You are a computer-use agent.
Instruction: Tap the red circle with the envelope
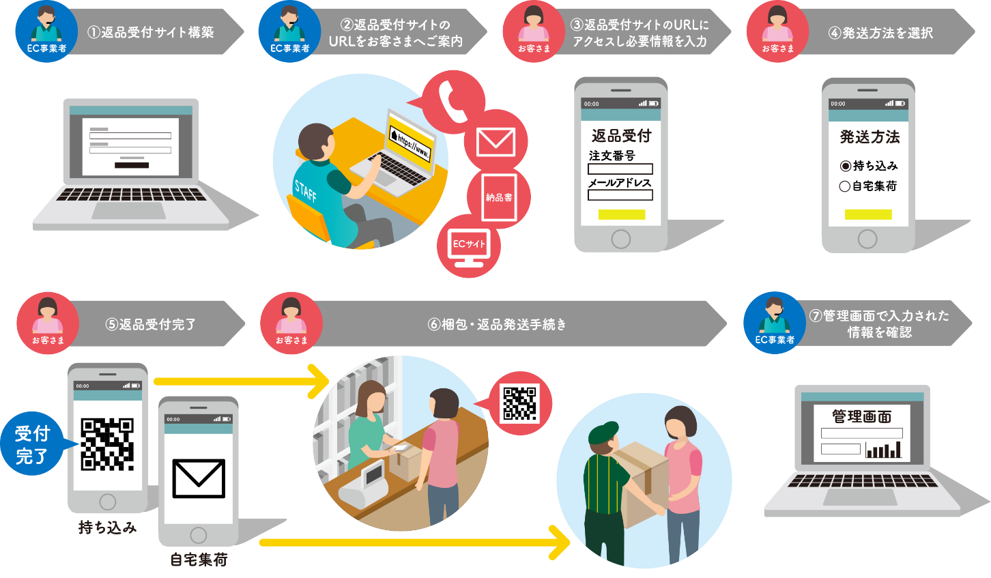click(496, 141)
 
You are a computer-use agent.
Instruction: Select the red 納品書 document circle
click(499, 197)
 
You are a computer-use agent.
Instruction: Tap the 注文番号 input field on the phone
click(620, 169)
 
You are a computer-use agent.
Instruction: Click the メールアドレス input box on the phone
click(620, 195)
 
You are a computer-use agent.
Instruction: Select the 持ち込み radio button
click(845, 166)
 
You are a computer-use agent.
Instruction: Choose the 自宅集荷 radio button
click(844, 186)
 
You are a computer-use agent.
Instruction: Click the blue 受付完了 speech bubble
click(33, 445)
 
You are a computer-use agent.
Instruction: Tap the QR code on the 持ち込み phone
click(107, 444)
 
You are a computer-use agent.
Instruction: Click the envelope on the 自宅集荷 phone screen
click(199, 478)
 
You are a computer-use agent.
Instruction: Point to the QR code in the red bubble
click(520, 403)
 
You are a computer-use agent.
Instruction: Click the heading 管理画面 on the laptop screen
click(861, 416)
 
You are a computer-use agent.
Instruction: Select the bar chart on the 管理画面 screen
click(883, 450)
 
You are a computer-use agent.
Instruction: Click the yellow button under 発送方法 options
click(868, 214)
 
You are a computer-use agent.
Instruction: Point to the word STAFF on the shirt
click(305, 191)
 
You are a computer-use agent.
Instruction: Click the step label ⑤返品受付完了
click(151, 324)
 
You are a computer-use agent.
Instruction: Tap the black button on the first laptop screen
click(131, 164)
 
